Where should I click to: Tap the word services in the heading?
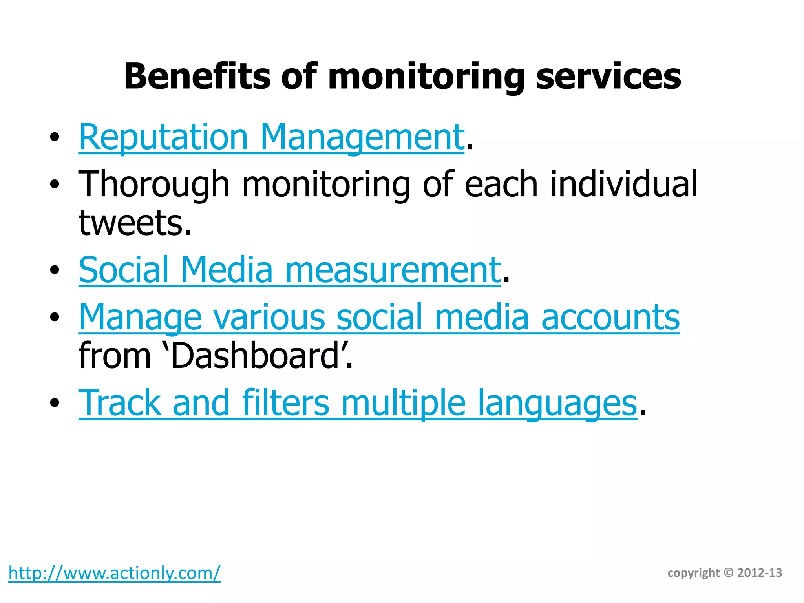(608, 77)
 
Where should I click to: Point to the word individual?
(624, 184)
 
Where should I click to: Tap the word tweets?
(135, 223)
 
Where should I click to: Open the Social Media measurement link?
(289, 270)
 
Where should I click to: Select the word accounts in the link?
(610, 317)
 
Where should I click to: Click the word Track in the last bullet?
(120, 403)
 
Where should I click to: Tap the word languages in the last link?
(557, 403)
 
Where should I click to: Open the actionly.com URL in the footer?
(114, 573)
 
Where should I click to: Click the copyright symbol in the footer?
(729, 573)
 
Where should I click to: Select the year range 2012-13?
(760, 573)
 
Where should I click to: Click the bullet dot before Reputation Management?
(55, 137)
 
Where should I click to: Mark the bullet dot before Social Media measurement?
(55, 270)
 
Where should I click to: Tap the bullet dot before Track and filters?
(55, 403)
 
